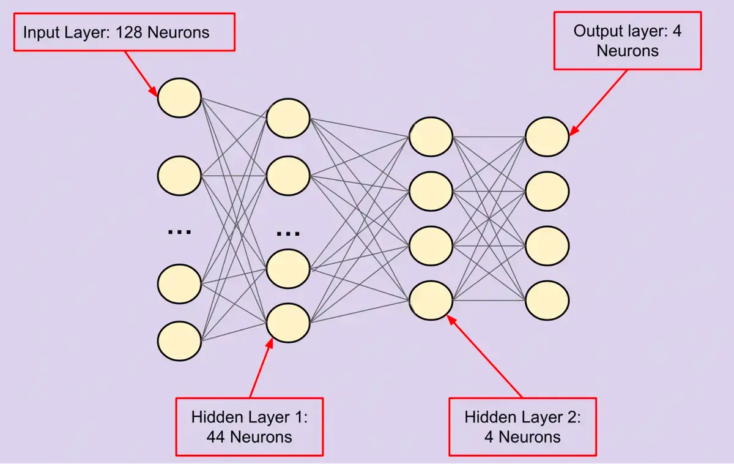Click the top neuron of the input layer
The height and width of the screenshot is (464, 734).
click(179, 97)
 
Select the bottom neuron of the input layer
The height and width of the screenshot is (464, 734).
click(179, 340)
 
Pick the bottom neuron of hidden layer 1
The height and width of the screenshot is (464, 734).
click(288, 322)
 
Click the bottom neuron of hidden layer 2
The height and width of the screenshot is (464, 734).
click(431, 300)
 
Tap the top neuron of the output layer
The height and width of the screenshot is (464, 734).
click(547, 137)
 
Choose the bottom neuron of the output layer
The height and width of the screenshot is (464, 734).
click(547, 300)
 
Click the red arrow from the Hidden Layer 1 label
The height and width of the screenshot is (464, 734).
click(261, 370)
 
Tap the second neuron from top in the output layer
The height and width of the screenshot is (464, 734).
click(547, 191)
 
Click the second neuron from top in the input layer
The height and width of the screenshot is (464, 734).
click(179, 176)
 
